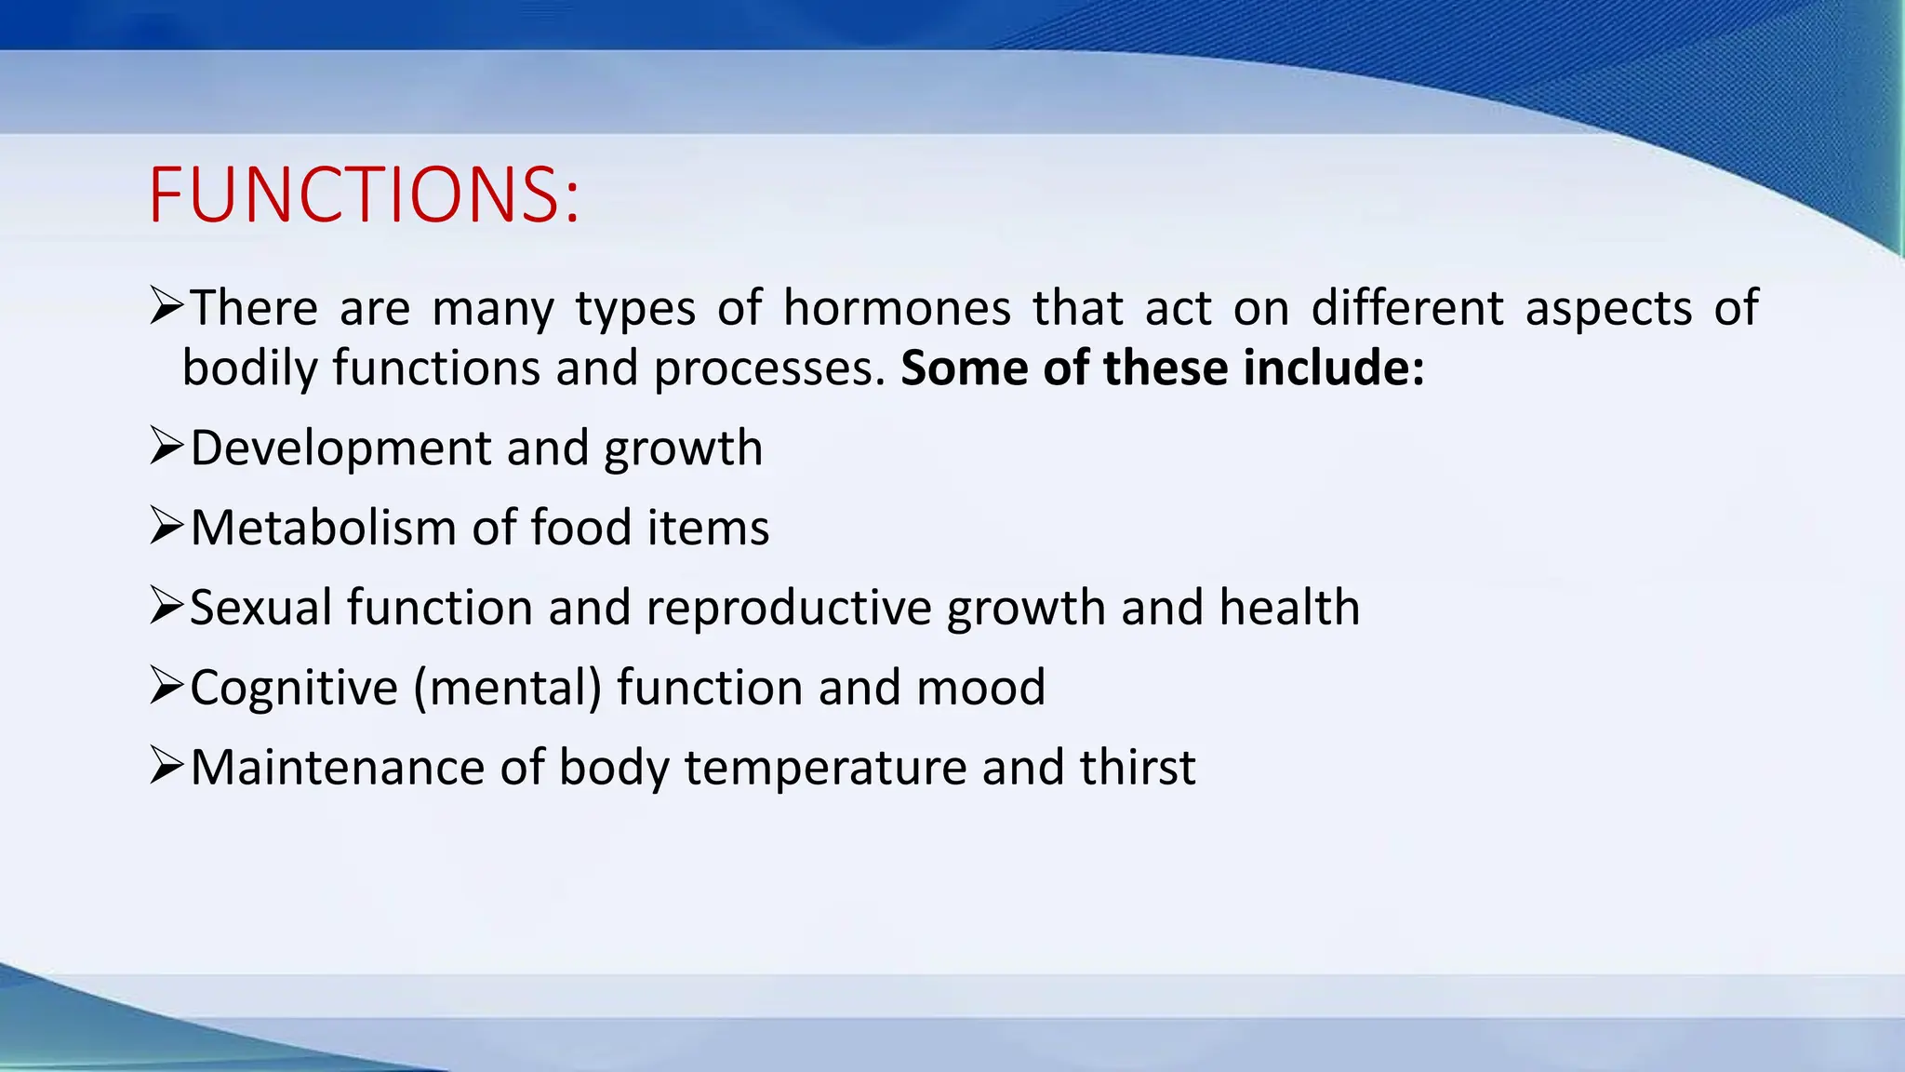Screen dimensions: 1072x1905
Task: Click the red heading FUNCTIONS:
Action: pyautogui.click(x=364, y=194)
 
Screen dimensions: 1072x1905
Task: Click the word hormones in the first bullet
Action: pyautogui.click(x=896, y=308)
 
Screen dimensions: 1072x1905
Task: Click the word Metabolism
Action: pyautogui.click(x=323, y=528)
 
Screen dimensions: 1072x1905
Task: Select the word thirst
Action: pyautogui.click(x=1138, y=768)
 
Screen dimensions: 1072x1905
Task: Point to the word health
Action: pyautogui.click(x=1289, y=608)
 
